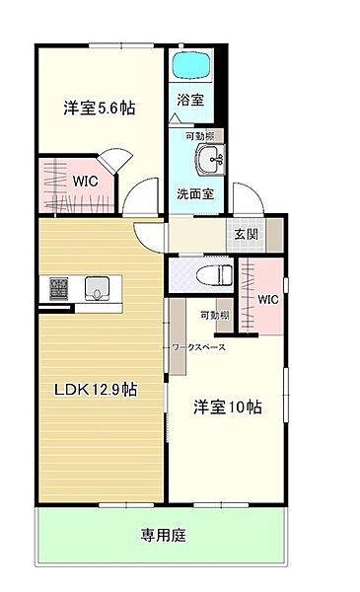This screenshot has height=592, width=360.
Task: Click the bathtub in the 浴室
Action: (191, 64)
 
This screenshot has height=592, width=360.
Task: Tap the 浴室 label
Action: (190, 100)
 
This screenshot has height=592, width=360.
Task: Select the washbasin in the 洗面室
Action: (210, 159)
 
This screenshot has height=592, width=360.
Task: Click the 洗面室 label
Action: (195, 193)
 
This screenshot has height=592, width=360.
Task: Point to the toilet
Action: (214, 274)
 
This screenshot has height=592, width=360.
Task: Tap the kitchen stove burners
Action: (58, 288)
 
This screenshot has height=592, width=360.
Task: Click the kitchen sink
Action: (97, 288)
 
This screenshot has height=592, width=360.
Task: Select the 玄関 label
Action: (246, 234)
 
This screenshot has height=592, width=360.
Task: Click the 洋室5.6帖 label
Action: (100, 108)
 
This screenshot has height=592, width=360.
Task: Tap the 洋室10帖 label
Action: (228, 407)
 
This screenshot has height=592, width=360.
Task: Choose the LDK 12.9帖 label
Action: (96, 390)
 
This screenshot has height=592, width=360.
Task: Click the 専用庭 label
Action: (164, 536)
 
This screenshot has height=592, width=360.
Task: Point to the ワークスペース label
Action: (198, 347)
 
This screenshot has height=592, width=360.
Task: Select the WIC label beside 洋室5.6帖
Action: (85, 181)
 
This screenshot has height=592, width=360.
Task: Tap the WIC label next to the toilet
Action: (268, 300)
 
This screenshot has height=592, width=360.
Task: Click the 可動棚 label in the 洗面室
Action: (199, 136)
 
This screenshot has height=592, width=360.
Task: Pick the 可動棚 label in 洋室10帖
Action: (214, 315)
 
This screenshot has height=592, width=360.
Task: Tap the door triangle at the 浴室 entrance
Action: (175, 118)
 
